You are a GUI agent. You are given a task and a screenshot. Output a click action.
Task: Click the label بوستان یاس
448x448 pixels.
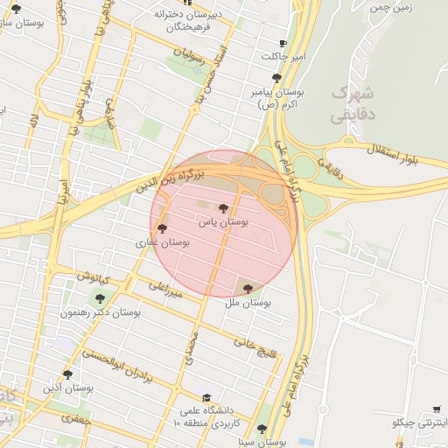224,223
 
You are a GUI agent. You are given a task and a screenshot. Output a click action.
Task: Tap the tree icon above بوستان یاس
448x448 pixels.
224,208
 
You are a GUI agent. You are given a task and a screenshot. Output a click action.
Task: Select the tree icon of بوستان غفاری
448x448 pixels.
162,228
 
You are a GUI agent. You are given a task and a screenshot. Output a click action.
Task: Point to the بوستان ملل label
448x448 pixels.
248,303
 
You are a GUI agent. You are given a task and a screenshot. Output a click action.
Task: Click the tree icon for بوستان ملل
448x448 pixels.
248,288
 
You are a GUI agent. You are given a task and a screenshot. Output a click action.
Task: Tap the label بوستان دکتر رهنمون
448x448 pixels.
101,312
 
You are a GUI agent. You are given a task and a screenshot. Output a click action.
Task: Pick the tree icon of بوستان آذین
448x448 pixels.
67,374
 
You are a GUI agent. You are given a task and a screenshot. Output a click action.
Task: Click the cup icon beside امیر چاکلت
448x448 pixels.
282,43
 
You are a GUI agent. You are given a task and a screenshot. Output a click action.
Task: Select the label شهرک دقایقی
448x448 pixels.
354,102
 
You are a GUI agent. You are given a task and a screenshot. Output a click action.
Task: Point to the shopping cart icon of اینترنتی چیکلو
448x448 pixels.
437,409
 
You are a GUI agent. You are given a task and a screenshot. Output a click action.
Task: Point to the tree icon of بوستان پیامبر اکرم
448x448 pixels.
276,78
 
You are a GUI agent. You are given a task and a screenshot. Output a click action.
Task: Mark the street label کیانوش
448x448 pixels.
94,278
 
